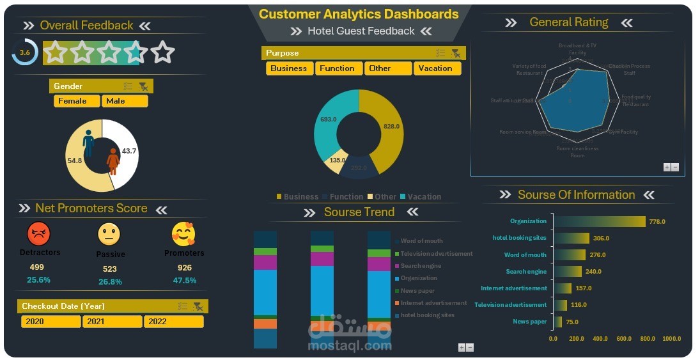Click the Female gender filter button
click(77, 101)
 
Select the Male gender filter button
click(125, 101)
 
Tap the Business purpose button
click(289, 68)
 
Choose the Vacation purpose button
click(437, 68)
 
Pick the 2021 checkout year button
click(112, 322)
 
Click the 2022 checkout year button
click(173, 322)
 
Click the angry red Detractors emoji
click(38, 234)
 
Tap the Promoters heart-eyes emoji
click(183, 235)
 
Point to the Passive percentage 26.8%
click(110, 281)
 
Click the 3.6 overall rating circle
click(25, 52)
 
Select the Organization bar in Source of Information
click(599, 221)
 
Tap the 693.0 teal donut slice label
click(329, 120)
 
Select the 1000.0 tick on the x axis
click(671, 339)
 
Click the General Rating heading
click(568, 22)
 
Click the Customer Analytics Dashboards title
click(359, 14)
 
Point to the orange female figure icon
click(113, 161)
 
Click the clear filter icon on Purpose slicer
click(455, 53)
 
